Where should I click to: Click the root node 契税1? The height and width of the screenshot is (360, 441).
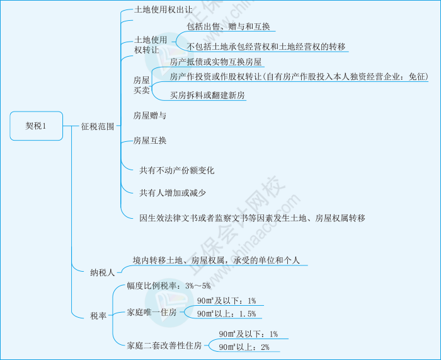click(x=36, y=125)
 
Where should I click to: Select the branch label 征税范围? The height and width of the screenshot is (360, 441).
click(x=98, y=126)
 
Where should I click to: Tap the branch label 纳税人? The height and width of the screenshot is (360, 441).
click(x=102, y=272)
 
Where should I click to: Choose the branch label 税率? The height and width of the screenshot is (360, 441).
click(x=99, y=315)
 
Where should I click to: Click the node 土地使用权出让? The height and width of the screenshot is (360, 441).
click(x=164, y=10)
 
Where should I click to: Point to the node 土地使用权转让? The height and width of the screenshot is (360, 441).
click(x=147, y=44)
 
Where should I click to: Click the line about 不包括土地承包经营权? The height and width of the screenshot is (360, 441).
click(x=267, y=47)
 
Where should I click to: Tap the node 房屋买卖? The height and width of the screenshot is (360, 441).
click(x=142, y=85)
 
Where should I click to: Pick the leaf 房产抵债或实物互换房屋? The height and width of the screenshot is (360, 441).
click(x=216, y=62)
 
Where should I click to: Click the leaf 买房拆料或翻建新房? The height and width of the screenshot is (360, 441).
click(x=208, y=95)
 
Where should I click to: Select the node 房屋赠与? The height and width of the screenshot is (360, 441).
click(x=150, y=116)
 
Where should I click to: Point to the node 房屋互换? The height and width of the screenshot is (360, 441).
click(x=150, y=141)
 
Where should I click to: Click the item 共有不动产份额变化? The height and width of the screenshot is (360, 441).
click(x=177, y=170)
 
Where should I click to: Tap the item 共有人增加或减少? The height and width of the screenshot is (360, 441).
click(x=173, y=192)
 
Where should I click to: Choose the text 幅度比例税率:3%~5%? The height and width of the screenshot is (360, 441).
click(x=168, y=286)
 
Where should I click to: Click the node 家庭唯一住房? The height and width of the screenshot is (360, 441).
click(x=152, y=312)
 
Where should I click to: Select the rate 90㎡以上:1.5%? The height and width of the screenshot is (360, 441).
click(x=226, y=313)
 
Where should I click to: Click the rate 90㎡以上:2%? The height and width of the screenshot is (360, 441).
click(x=244, y=347)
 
